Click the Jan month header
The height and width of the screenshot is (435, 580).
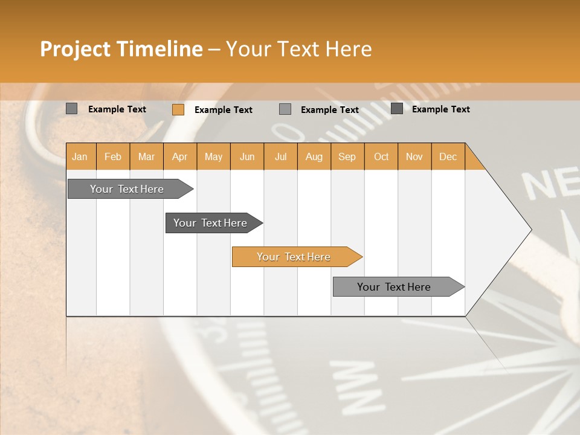coord(80,156)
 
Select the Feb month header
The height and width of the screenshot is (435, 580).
coord(113,156)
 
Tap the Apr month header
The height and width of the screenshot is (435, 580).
coord(179,156)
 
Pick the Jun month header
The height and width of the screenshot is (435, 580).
coord(247,156)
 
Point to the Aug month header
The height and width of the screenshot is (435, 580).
coord(314,156)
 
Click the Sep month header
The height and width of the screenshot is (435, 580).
coord(347,156)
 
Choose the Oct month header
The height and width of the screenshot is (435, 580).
coord(381,156)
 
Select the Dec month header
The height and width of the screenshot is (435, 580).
coord(448,156)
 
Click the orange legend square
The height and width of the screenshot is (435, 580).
coord(178,109)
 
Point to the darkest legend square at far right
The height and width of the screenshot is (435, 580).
coord(397,109)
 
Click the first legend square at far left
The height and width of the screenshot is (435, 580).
coord(72,109)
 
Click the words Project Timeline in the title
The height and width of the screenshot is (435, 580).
coord(121,49)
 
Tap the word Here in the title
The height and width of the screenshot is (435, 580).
coord(349,49)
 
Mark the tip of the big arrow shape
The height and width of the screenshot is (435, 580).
coord(530,230)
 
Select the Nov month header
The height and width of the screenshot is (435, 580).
coord(414,156)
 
